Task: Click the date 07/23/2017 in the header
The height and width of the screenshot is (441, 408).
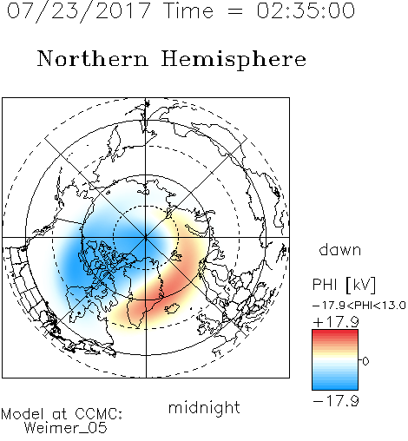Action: [x=79, y=11]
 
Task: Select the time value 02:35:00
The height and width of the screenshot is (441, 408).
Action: [x=306, y=11]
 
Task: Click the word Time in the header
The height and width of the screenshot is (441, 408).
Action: [x=188, y=11]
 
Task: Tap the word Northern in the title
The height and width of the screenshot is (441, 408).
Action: [x=93, y=59]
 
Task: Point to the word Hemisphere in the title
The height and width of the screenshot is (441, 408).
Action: [x=234, y=60]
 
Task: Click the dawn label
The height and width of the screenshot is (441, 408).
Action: [x=340, y=250]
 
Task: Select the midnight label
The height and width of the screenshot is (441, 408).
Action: [x=204, y=408]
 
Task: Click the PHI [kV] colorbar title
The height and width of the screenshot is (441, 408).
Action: [x=344, y=285]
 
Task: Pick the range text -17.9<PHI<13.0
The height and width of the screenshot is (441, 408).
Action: [x=359, y=306]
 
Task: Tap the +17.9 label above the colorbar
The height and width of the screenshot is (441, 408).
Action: [x=336, y=322]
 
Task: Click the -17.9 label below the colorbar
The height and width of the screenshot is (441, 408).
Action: [x=336, y=401]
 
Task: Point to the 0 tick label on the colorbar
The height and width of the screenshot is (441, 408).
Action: [x=365, y=361]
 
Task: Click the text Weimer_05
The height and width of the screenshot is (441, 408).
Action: [x=65, y=428]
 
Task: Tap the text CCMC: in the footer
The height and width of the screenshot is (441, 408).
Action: [x=99, y=414]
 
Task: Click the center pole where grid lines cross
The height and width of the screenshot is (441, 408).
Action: [x=146, y=238]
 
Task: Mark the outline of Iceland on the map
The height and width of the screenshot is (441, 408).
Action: [x=172, y=308]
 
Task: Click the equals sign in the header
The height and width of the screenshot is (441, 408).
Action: [x=235, y=11]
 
